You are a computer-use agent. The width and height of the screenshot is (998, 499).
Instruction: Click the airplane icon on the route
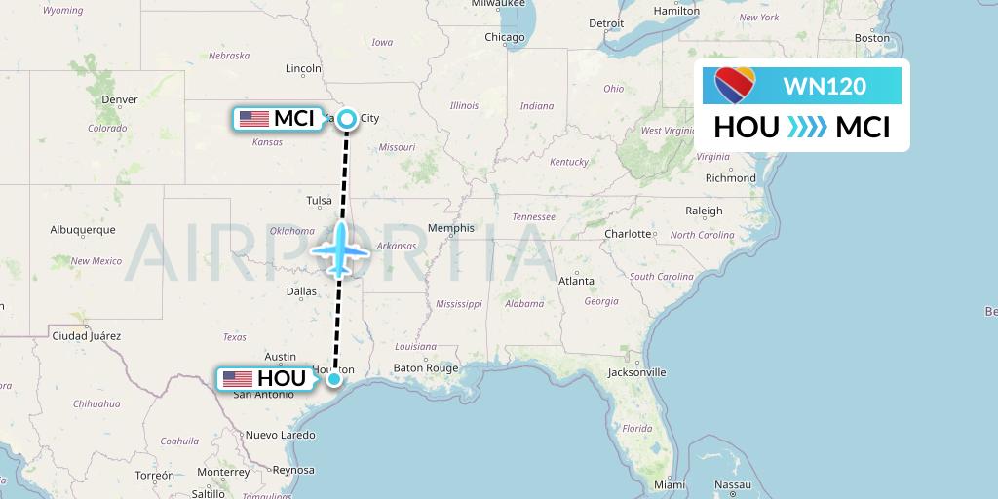[x=340, y=249]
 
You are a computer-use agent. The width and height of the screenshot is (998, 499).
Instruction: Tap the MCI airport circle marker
[x=346, y=119]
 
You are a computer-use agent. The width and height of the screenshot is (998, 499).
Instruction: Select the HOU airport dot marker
[x=334, y=378]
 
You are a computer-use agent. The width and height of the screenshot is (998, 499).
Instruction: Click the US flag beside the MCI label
[x=253, y=119]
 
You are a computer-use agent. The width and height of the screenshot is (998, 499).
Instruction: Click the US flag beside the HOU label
[x=238, y=378]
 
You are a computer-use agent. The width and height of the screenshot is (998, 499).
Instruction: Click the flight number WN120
[x=824, y=86]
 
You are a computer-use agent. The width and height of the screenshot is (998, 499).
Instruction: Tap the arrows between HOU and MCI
[x=807, y=128]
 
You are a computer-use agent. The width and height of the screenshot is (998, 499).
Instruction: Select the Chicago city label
[x=505, y=37]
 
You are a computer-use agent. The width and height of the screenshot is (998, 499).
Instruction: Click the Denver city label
[x=120, y=99]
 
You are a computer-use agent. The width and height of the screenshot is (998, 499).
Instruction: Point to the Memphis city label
[x=457, y=228]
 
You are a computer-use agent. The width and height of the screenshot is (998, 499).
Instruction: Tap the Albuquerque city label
[x=83, y=230]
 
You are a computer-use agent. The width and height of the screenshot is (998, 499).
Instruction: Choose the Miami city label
[x=670, y=484]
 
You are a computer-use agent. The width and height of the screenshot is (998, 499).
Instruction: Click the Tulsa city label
[x=319, y=201]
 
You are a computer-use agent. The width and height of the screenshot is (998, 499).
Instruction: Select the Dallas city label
[x=301, y=290]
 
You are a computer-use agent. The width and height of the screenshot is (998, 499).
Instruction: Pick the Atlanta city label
[x=576, y=281]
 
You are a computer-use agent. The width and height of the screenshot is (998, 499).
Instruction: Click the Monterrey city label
[x=223, y=471]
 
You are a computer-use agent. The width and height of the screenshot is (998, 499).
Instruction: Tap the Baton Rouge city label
[x=425, y=367]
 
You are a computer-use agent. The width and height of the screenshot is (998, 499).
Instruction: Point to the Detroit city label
[x=606, y=22]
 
